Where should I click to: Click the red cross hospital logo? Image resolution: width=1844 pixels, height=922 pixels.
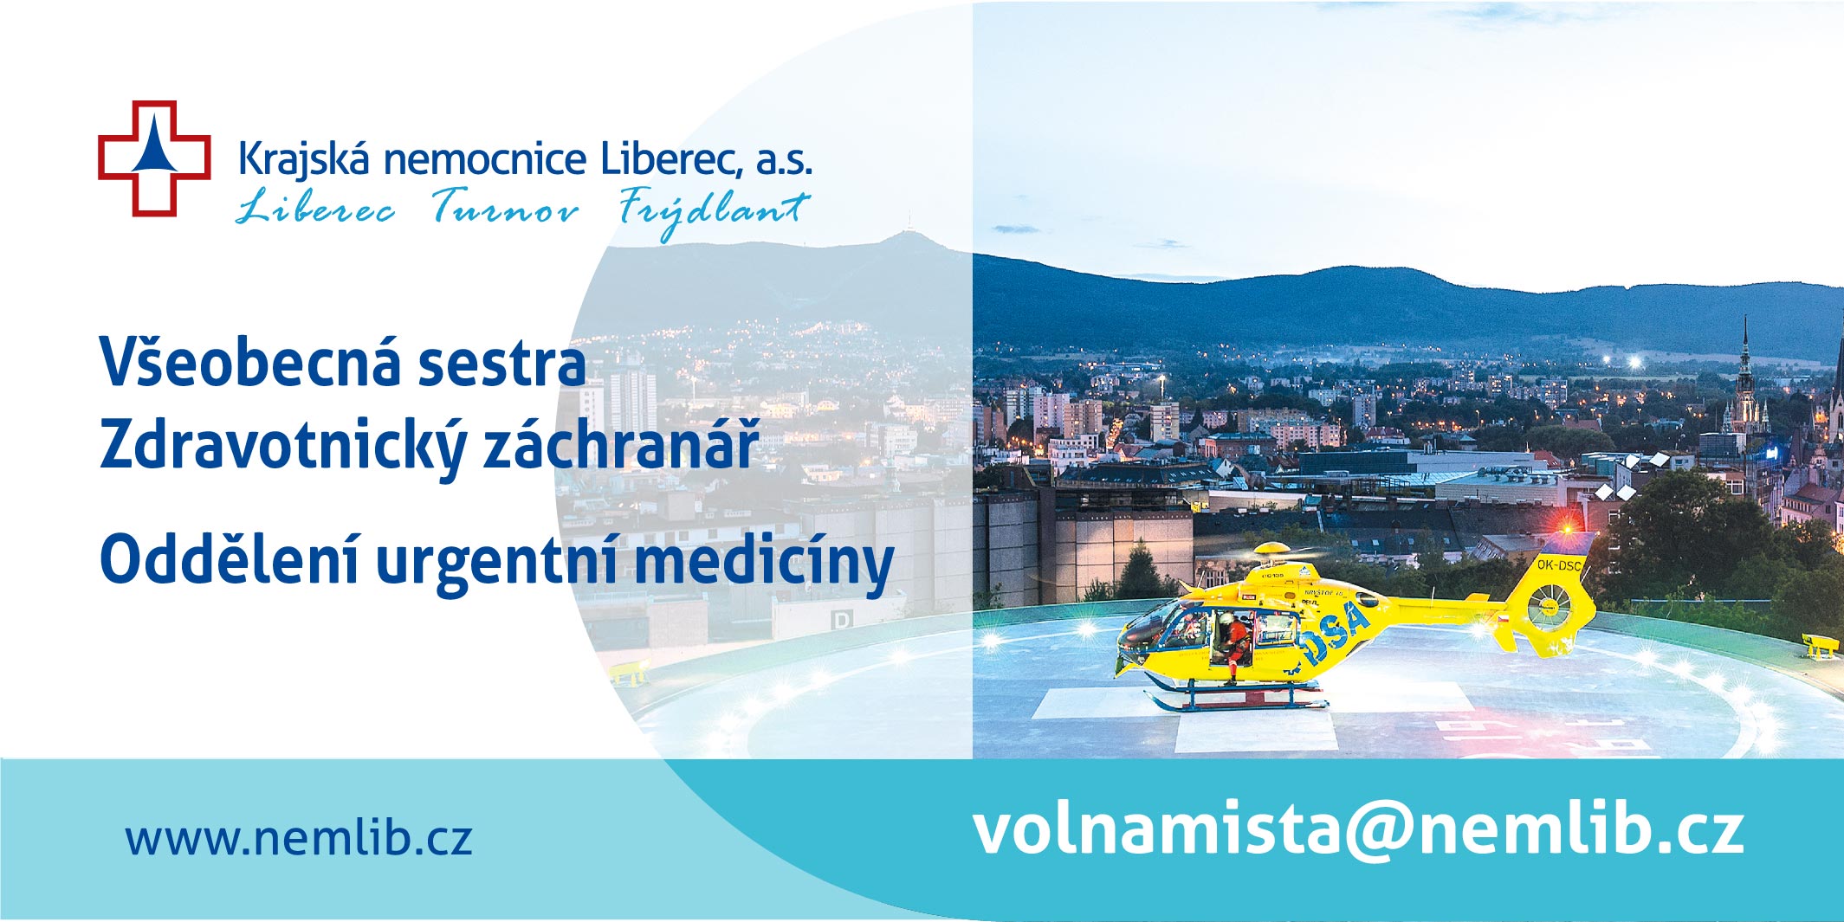(x=154, y=158)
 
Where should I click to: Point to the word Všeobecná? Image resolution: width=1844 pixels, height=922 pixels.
(x=251, y=362)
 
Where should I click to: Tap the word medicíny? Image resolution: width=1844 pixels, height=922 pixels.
(x=764, y=564)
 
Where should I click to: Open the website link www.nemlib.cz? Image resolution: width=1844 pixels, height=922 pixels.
(x=299, y=837)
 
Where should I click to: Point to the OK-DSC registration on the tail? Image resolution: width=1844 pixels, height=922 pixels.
(x=1559, y=565)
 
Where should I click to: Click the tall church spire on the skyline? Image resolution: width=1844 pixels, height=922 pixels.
(x=1744, y=372)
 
